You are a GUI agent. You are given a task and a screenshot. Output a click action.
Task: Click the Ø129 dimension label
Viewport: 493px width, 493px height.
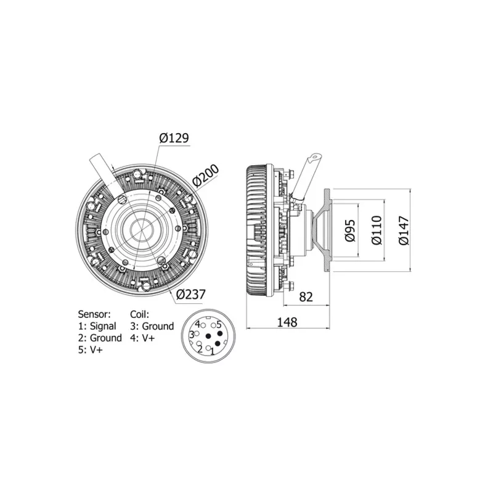174,138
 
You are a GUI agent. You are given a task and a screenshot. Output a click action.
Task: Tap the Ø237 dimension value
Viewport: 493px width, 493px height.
191,295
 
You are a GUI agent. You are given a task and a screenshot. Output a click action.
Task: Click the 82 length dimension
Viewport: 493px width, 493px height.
305,296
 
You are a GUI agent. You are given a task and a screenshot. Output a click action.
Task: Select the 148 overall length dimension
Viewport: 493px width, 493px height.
287,322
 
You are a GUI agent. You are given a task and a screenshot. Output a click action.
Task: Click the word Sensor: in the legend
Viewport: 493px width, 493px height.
94,314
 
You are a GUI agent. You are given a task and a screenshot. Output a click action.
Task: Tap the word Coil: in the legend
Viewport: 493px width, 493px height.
140,314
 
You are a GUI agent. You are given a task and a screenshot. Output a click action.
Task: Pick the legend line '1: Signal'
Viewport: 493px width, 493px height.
97,326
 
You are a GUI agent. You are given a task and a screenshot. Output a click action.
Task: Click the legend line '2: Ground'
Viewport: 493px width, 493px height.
100,338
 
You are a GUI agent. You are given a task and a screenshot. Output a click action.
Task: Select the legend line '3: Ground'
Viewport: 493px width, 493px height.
152,326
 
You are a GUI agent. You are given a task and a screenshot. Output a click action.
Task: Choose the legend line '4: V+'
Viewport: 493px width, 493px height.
144,338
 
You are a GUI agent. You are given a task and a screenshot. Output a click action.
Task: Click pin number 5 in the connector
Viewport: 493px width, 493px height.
219,324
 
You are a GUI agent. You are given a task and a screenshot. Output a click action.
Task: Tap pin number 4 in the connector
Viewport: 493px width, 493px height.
197,324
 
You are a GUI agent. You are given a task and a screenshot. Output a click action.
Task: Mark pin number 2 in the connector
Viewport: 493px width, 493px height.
200,349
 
